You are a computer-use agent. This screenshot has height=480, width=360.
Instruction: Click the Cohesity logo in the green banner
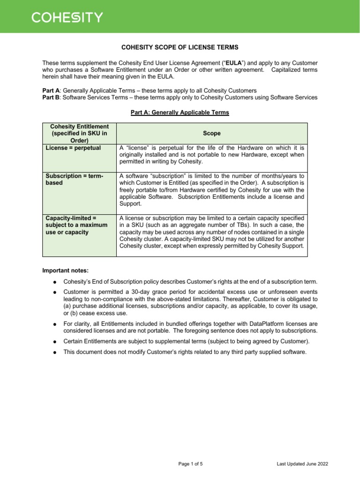click(67, 17)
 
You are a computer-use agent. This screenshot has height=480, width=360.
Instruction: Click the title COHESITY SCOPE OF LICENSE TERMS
click(180, 47)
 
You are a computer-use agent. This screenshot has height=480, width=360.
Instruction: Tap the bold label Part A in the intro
click(51, 90)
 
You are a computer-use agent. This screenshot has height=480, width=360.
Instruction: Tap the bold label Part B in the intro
click(51, 97)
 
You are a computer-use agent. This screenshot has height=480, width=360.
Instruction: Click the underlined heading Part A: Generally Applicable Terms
click(180, 113)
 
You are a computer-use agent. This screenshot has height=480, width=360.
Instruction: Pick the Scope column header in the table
click(212, 134)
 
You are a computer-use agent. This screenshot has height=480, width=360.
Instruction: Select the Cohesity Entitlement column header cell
click(79, 134)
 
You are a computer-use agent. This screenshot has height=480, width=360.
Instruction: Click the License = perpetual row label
click(73, 148)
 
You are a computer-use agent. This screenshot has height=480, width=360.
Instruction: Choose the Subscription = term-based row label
click(74, 179)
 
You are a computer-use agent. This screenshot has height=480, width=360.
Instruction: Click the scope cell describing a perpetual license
click(212, 155)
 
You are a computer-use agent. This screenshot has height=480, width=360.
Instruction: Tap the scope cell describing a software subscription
click(212, 190)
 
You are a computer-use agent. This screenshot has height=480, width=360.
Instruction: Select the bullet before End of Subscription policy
click(55, 282)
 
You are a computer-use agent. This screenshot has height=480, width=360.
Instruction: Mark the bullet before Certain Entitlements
click(55, 341)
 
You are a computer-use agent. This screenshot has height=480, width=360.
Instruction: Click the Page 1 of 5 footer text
click(190, 464)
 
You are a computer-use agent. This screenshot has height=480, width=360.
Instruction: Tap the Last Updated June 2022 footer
click(302, 464)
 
